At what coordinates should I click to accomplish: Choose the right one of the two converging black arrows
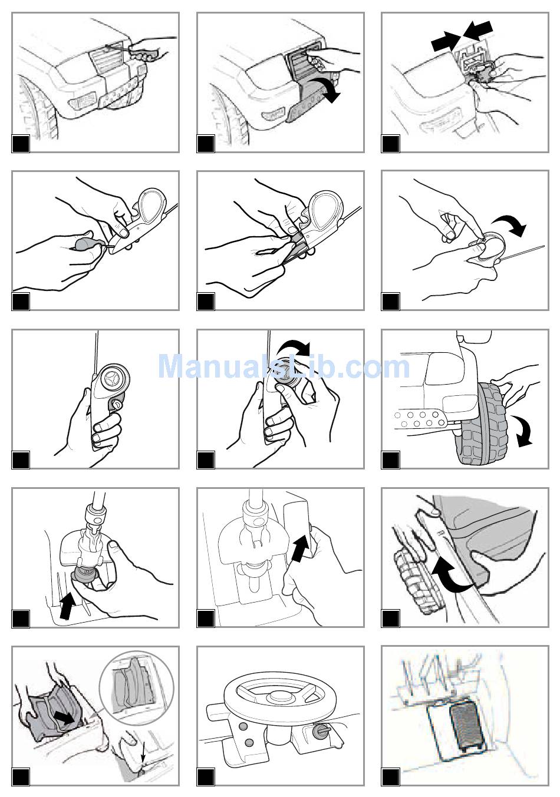(x=477, y=29)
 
